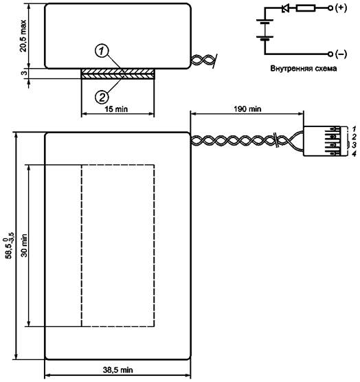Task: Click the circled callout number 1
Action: click(102, 51)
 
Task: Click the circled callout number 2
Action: click(102, 97)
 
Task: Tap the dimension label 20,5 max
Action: click(23, 36)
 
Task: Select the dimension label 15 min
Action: click(116, 109)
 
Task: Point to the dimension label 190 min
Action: click(247, 109)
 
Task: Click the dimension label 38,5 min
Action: click(118, 370)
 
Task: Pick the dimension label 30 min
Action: click(24, 245)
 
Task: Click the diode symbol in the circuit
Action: click(285, 8)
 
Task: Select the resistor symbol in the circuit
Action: click(306, 8)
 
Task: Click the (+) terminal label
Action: click(341, 8)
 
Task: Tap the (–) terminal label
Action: click(341, 54)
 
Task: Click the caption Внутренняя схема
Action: click(304, 68)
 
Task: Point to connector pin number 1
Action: click(355, 128)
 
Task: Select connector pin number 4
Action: click(355, 153)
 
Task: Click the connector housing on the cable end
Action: click(326, 141)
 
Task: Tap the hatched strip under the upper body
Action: click(118, 74)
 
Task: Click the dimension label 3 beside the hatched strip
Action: click(24, 73)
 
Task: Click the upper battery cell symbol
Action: click(265, 22)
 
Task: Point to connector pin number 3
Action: click(355, 145)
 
